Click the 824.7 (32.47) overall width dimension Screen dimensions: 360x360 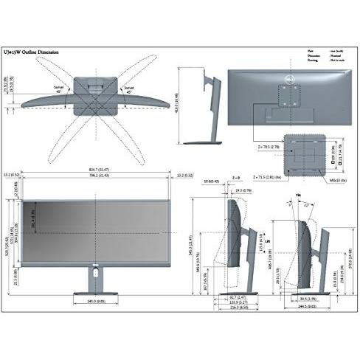[x=98, y=171]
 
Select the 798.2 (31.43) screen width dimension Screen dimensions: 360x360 [x=98, y=176]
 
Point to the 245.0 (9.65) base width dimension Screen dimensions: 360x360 [x=97, y=301]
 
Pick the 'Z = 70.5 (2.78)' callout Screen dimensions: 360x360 [x=264, y=148]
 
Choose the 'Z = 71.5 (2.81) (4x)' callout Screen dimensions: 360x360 [x=270, y=178]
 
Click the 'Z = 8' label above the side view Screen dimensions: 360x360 [x=236, y=178]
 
